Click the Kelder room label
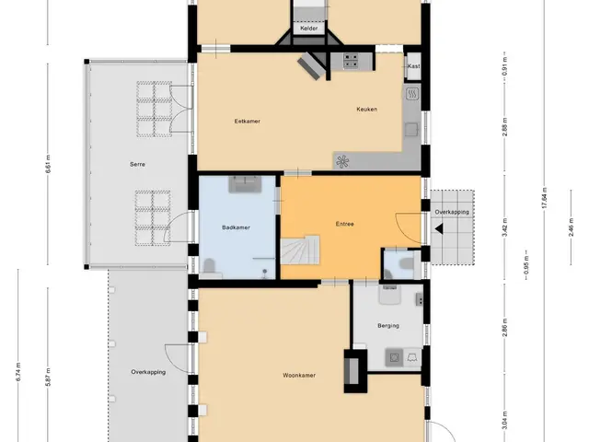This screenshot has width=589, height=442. (309, 29)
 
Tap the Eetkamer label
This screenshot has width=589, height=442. (248, 122)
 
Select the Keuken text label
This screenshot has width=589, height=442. (366, 110)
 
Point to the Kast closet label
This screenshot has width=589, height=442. (413, 66)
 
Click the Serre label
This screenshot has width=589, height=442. (137, 164)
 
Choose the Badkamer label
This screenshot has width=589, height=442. (236, 227)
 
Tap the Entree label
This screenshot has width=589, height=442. (345, 224)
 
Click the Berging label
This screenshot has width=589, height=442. (388, 326)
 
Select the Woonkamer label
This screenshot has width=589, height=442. (299, 375)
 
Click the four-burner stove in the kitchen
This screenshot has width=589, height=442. (351, 62)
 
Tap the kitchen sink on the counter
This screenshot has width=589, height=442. (411, 129)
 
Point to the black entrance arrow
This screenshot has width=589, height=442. (439, 228)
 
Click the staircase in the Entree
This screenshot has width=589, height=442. (300, 250)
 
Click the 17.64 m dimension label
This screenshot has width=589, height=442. (545, 197)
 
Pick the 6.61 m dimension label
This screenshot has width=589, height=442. (48, 164)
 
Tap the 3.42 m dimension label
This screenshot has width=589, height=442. (505, 227)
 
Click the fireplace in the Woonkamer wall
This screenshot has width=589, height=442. (352, 371)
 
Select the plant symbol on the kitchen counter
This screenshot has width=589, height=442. (342, 162)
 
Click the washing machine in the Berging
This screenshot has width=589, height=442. (394, 357)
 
